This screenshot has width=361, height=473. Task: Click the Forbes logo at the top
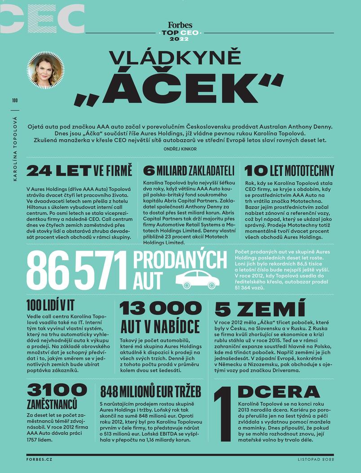point(180,26)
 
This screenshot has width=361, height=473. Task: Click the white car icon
point(197,279)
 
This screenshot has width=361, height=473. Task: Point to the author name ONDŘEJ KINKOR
point(180,149)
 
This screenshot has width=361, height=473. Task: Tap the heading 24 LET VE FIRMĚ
point(79,171)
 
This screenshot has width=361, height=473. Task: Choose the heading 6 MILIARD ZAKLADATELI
point(189,171)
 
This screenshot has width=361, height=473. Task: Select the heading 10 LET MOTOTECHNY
point(290,171)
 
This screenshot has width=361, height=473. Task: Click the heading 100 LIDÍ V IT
point(50,305)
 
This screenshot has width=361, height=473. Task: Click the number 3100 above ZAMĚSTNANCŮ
point(57,389)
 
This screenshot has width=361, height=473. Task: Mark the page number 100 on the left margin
point(15,101)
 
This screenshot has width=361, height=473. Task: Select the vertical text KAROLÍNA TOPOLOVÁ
point(15,150)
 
